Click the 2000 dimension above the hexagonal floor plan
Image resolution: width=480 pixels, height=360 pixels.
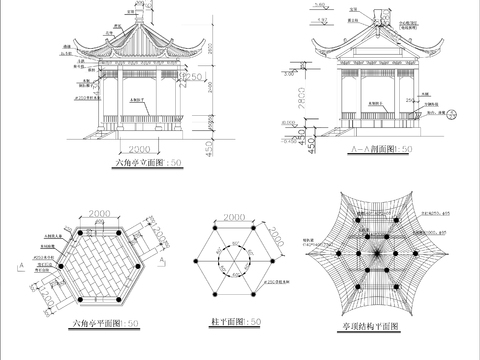[98, 214]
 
